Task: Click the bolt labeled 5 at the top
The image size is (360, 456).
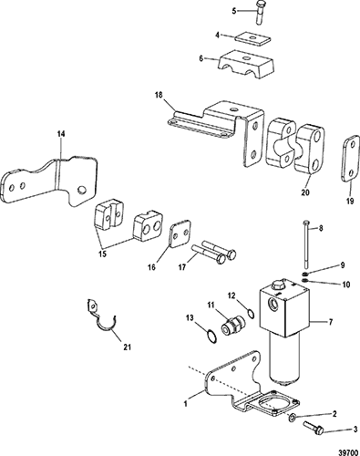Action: coord(260,13)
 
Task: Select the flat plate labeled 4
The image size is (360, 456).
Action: coord(253,39)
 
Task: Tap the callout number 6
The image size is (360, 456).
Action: coord(201,58)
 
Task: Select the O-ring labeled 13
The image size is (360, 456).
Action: coord(211,337)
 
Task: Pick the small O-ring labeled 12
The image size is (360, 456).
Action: coord(251,313)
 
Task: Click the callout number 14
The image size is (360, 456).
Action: coord(61,134)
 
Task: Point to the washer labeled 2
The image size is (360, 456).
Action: coord(292,419)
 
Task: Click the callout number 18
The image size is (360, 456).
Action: coord(159,95)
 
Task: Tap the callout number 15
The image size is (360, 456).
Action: coord(103,254)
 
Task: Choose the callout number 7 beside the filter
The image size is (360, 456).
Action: coord(331,321)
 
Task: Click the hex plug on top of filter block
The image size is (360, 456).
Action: coord(277,285)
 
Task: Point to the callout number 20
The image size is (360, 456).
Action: coord(305,192)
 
